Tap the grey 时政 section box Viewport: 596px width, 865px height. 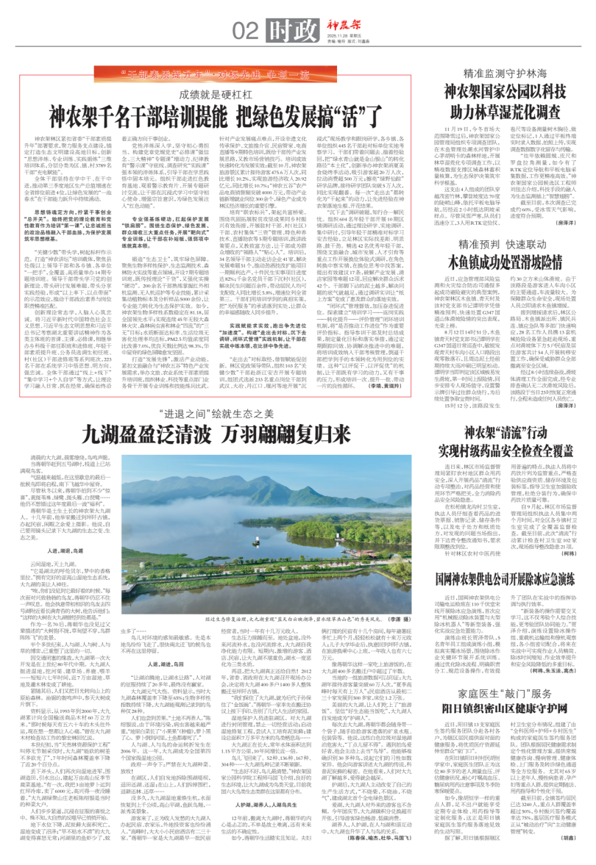(283, 29)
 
